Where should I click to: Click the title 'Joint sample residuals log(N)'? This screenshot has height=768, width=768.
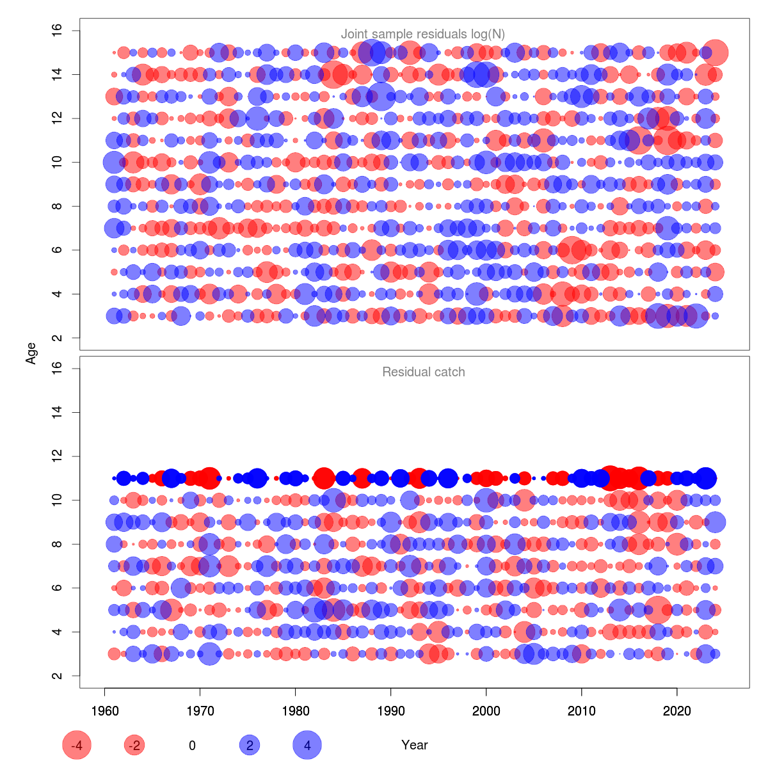tap(423, 34)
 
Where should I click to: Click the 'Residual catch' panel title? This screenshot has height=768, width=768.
tap(423, 372)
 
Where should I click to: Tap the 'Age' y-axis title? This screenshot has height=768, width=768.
tap(31, 353)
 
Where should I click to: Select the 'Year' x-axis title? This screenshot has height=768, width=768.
tap(415, 745)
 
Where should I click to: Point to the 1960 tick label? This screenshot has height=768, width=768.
tap(104, 711)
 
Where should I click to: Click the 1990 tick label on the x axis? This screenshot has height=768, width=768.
tap(391, 711)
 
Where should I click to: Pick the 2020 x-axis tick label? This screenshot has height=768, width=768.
tap(677, 711)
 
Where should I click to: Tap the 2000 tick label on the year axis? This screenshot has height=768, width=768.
tap(486, 711)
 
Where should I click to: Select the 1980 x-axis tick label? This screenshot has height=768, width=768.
tap(295, 711)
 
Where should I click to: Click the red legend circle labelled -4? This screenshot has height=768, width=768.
tap(77, 745)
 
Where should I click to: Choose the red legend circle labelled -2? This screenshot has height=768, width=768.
tap(134, 745)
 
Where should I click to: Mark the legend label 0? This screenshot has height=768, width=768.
tap(192, 745)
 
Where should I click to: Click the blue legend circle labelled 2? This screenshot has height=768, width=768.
tap(250, 745)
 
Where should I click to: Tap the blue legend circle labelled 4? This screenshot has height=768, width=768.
tap(307, 745)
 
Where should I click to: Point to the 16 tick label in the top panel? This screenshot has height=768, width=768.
tap(57, 31)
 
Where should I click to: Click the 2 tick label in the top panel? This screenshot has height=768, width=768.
tap(57, 337)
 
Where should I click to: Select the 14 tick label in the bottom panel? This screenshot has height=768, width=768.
tap(57, 412)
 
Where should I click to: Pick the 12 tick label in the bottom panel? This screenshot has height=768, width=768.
tap(57, 456)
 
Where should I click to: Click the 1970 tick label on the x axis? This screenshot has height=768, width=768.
tap(200, 711)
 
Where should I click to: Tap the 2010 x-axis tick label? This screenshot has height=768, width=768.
tap(582, 711)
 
